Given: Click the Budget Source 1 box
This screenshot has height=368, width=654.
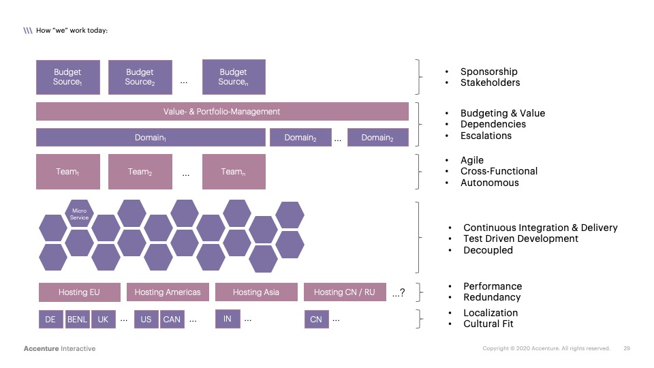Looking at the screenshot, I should click(68, 77).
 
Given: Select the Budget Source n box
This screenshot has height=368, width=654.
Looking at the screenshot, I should click(234, 77).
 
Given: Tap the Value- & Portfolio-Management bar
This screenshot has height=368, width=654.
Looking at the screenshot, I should click(222, 112).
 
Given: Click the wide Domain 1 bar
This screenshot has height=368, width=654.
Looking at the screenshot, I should click(151, 138).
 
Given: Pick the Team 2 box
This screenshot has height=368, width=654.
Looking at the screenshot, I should click(140, 172).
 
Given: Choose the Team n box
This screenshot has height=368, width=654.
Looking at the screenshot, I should click(234, 172).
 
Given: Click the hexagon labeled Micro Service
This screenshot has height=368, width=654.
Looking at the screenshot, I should click(80, 215).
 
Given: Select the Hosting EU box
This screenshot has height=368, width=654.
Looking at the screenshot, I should click(79, 292).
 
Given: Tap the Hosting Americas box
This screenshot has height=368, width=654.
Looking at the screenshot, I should click(168, 292).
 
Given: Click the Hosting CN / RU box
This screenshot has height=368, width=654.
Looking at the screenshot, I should click(345, 292).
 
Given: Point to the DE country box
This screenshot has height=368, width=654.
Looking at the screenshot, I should click(50, 319).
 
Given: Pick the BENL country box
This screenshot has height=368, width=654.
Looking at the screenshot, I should click(77, 319).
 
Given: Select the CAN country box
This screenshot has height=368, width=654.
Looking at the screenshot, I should click(172, 319).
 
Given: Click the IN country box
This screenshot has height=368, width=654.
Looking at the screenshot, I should click(228, 319).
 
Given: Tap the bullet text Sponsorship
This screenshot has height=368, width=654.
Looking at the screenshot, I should click(488, 72).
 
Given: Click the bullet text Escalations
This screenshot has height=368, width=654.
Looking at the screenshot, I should click(486, 136).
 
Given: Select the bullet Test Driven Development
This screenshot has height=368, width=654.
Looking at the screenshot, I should click(520, 239).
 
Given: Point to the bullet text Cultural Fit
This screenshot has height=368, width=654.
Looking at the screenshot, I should click(488, 324).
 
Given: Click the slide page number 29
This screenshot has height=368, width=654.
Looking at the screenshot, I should click(627, 348).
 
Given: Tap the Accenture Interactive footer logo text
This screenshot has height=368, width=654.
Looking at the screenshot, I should click(59, 348).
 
